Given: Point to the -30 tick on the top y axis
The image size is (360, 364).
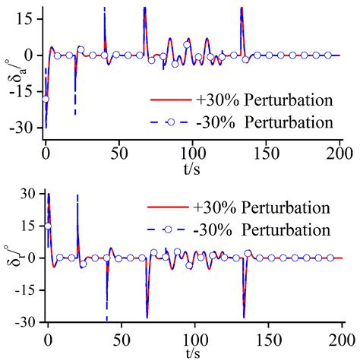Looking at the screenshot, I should [25, 128].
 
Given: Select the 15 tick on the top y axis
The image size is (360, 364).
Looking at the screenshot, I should [27, 18].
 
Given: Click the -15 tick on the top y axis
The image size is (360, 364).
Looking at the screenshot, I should [25, 92].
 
